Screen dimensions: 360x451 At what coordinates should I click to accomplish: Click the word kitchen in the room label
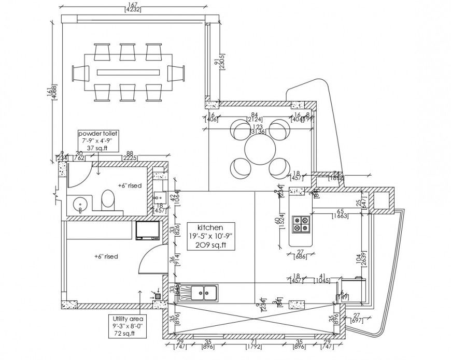[210, 227]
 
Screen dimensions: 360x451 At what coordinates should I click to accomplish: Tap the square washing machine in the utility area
[146, 231]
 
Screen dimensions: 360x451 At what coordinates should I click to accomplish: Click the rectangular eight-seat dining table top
[128, 71]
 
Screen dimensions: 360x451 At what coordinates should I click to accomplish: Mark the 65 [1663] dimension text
[340, 213]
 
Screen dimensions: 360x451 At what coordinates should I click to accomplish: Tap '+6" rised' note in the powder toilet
[128, 185]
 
